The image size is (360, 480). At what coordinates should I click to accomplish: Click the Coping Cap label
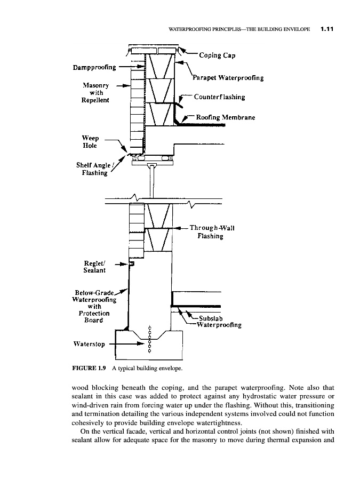pos(217,55)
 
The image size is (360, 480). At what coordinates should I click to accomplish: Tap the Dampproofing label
pos(94,67)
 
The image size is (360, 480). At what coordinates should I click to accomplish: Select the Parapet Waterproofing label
pos(228,78)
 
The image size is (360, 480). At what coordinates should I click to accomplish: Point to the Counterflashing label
pos(220,97)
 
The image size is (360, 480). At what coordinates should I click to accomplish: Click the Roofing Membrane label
pos(225,117)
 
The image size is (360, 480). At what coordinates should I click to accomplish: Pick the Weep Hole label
pos(90,141)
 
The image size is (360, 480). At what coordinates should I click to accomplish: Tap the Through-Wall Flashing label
pos(212,232)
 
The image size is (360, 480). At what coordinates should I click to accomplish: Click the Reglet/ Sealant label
pos(94,267)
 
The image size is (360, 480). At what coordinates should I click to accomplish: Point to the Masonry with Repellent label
pos(96,93)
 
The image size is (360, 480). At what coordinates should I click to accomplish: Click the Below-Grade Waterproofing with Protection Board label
pos(94,306)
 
